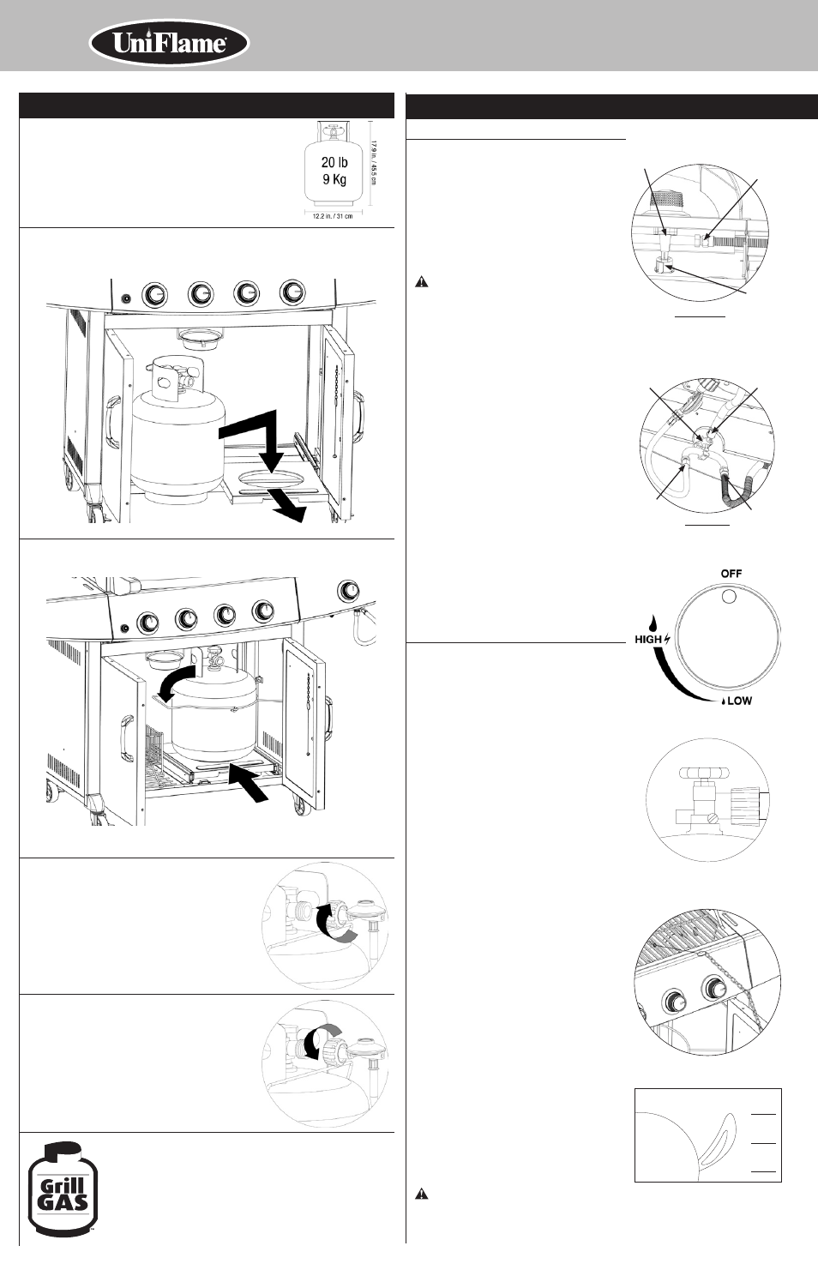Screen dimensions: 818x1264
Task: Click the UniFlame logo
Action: (x=169, y=44)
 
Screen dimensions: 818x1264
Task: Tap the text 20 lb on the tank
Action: (x=334, y=163)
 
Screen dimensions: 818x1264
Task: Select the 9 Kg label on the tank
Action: (x=334, y=180)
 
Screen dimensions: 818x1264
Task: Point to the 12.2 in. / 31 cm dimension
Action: (x=333, y=217)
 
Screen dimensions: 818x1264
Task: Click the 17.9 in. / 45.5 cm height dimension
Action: (x=373, y=163)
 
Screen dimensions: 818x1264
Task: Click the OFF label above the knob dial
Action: (x=731, y=574)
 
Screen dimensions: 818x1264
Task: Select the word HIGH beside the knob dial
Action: (x=648, y=640)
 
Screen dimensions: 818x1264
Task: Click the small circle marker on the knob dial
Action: (x=728, y=597)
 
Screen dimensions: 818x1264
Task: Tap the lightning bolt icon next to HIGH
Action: (x=668, y=640)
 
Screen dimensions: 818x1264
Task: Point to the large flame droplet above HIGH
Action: (x=653, y=623)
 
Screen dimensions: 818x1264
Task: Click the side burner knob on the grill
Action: (x=349, y=590)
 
